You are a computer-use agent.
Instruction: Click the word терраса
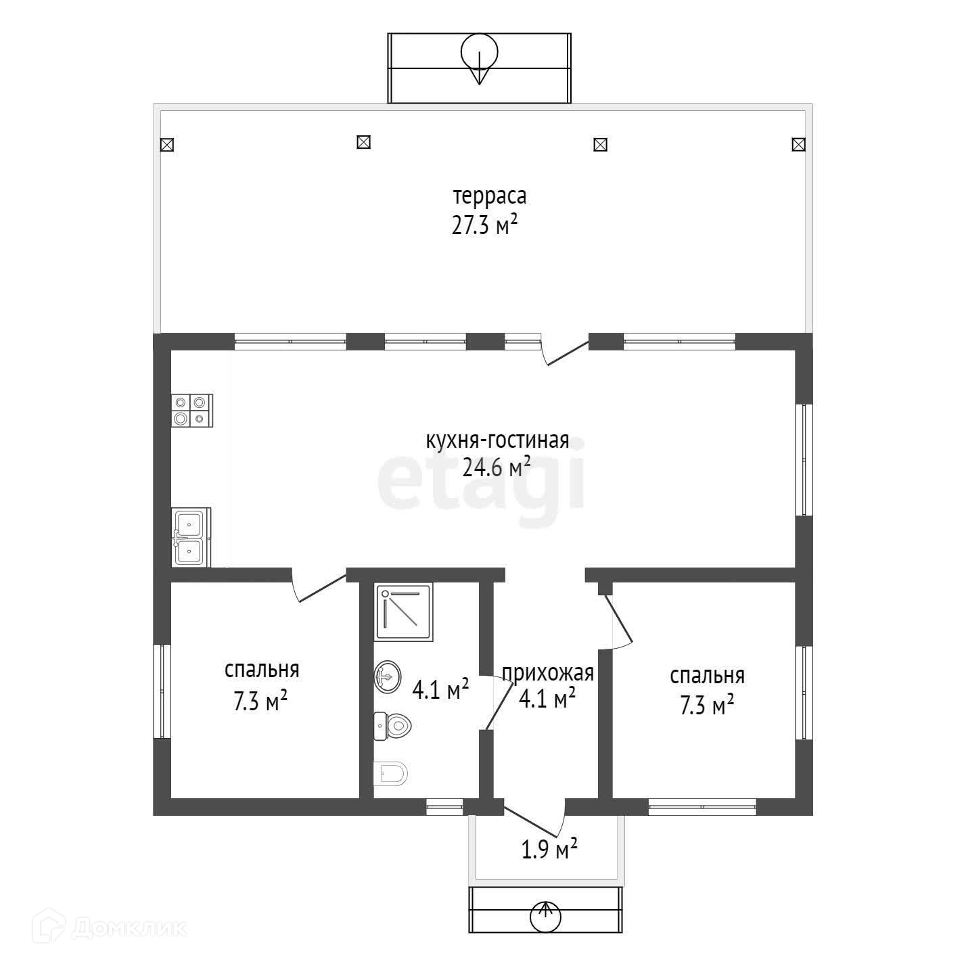pos(489,196)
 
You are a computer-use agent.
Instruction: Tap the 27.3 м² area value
pos(484,225)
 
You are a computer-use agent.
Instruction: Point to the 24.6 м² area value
pos(497,467)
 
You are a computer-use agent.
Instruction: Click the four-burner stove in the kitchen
pos(192,411)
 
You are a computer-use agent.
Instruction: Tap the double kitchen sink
pos(191,537)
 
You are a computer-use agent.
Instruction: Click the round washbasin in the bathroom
pos(388,677)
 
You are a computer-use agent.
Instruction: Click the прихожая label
pos(548,674)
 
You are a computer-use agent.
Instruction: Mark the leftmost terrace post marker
pos(167,145)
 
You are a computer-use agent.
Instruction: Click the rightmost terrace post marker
pos(798,145)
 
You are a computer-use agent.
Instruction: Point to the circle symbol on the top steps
pos(479,51)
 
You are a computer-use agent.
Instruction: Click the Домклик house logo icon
pos(49,927)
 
